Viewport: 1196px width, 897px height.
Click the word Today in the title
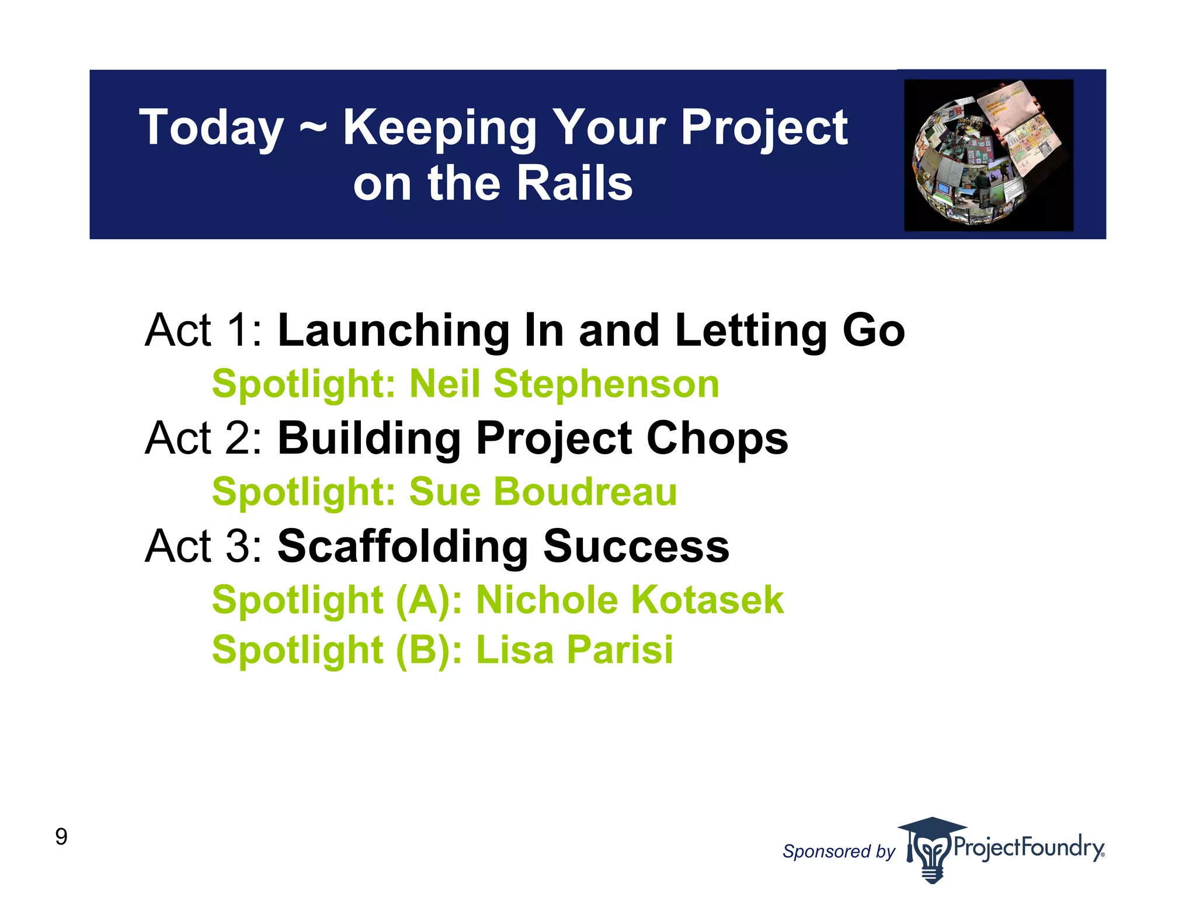pyautogui.click(x=211, y=128)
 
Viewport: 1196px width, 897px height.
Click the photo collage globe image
pyautogui.click(x=988, y=155)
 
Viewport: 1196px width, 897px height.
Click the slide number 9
pyautogui.click(x=61, y=837)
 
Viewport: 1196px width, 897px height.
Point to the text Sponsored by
pyautogui.click(x=838, y=851)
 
